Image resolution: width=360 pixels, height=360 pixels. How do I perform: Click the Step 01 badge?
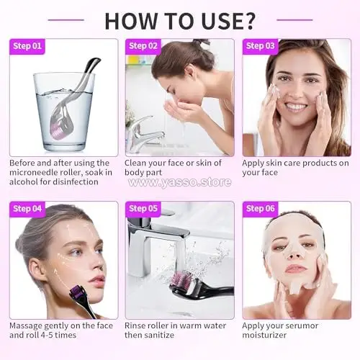[x=27, y=46]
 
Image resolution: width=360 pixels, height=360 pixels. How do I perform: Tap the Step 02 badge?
[x=143, y=46]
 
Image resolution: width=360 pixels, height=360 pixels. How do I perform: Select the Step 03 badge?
[x=261, y=46]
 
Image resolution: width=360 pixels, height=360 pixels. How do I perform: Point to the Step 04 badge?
[x=27, y=209]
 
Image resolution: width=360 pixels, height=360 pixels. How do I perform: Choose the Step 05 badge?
[x=143, y=209]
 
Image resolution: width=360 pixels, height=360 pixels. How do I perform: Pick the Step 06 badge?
[x=261, y=209]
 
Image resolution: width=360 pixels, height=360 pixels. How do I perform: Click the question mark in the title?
[x=247, y=21]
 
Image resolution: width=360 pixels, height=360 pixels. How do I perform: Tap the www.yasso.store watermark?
[x=180, y=182]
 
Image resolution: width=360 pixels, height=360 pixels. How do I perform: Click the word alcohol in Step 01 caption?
[x=23, y=181]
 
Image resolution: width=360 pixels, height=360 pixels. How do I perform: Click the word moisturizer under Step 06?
[x=264, y=335]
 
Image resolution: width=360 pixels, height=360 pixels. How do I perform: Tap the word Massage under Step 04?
[x=25, y=325]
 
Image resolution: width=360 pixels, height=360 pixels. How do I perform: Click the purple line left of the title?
[x=66, y=20]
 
